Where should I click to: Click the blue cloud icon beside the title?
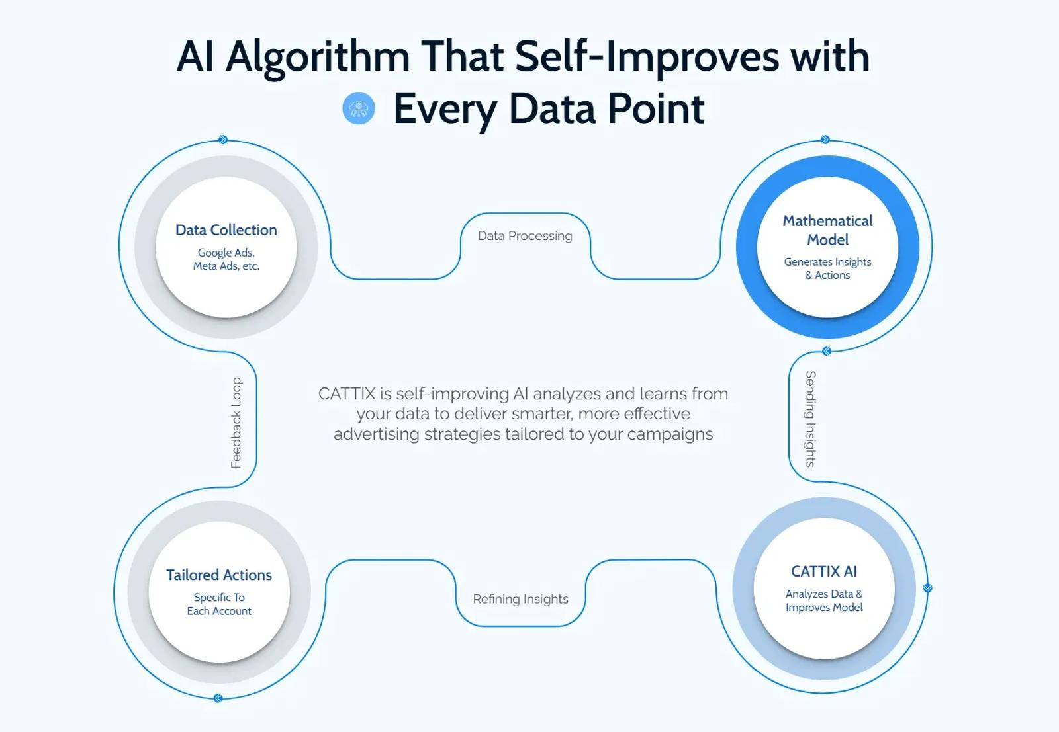click(x=359, y=108)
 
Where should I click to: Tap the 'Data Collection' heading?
click(x=226, y=230)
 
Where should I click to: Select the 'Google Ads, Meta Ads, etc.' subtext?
click(x=226, y=259)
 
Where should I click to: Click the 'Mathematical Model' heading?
click(x=827, y=230)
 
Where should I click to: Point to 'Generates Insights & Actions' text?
click(x=827, y=268)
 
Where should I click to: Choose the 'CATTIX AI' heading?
click(x=823, y=571)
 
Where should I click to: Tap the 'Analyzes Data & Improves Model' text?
click(x=823, y=600)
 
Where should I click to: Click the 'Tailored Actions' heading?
click(x=219, y=575)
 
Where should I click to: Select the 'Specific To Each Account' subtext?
click(x=219, y=604)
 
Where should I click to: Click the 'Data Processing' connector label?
click(x=525, y=235)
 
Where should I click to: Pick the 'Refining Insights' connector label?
click(x=520, y=599)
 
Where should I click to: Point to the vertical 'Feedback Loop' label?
click(x=236, y=423)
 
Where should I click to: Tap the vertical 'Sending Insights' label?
click(x=810, y=419)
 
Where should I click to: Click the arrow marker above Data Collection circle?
click(x=223, y=140)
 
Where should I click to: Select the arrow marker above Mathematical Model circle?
click(x=825, y=140)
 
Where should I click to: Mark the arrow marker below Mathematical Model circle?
click(x=827, y=351)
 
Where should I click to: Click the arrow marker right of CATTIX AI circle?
click(x=927, y=587)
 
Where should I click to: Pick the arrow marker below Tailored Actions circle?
click(x=218, y=698)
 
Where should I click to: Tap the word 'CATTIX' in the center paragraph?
click(x=347, y=394)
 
